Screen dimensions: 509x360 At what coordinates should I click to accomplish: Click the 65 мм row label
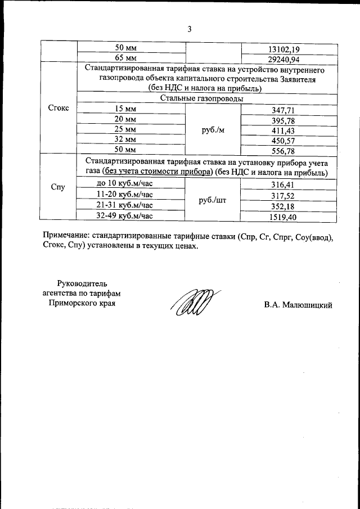pos(127,58)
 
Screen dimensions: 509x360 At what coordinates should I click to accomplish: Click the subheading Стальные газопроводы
pos(202,98)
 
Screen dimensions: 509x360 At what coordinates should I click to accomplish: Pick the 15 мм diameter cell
pos(127,109)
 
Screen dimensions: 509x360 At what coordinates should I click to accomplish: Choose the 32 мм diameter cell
pos(127,139)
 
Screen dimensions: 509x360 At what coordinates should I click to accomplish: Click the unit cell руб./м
pos(213,129)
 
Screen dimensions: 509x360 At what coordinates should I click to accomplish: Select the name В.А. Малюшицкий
pos(298,305)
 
